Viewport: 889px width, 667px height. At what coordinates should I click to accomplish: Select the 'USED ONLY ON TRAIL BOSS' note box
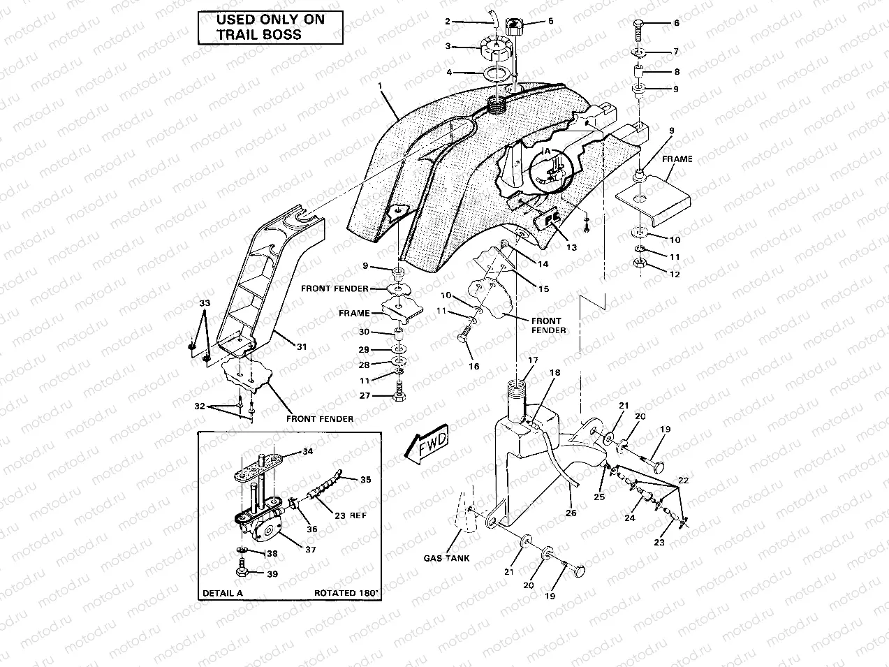pyautogui.click(x=270, y=27)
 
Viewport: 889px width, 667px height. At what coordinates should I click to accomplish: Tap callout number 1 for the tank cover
pyautogui.click(x=381, y=86)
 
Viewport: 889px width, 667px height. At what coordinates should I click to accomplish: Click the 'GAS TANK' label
pyautogui.click(x=446, y=558)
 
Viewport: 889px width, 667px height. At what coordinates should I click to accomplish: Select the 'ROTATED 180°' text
pyautogui.click(x=346, y=593)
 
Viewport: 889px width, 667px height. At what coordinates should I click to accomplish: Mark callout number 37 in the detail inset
pyautogui.click(x=311, y=550)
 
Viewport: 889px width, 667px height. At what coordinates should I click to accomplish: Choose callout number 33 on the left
pyautogui.click(x=204, y=303)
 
